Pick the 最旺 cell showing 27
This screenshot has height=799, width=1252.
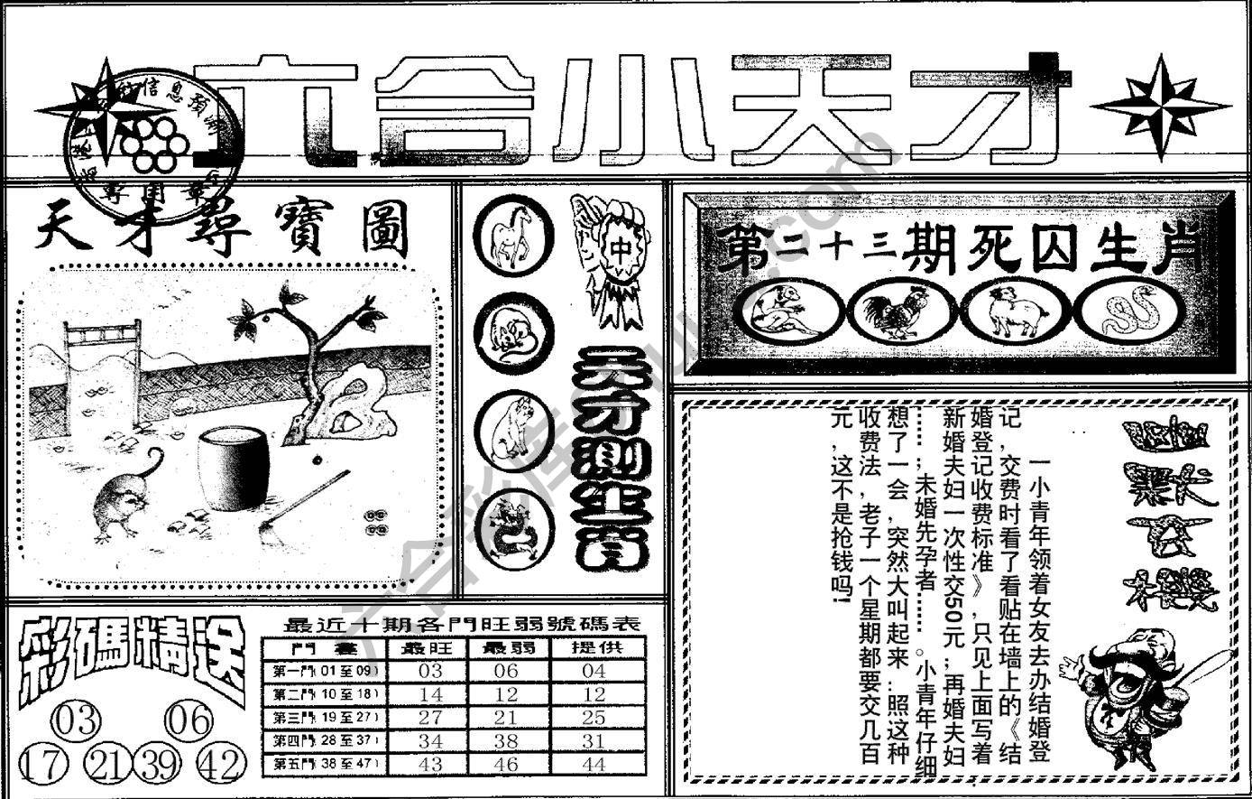[428, 718]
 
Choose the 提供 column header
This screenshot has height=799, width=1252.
[596, 647]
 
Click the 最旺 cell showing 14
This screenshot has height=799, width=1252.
[428, 694]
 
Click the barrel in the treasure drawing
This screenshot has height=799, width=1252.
[233, 469]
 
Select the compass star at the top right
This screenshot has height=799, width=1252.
[1160, 107]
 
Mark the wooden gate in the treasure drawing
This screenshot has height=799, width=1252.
[101, 370]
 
